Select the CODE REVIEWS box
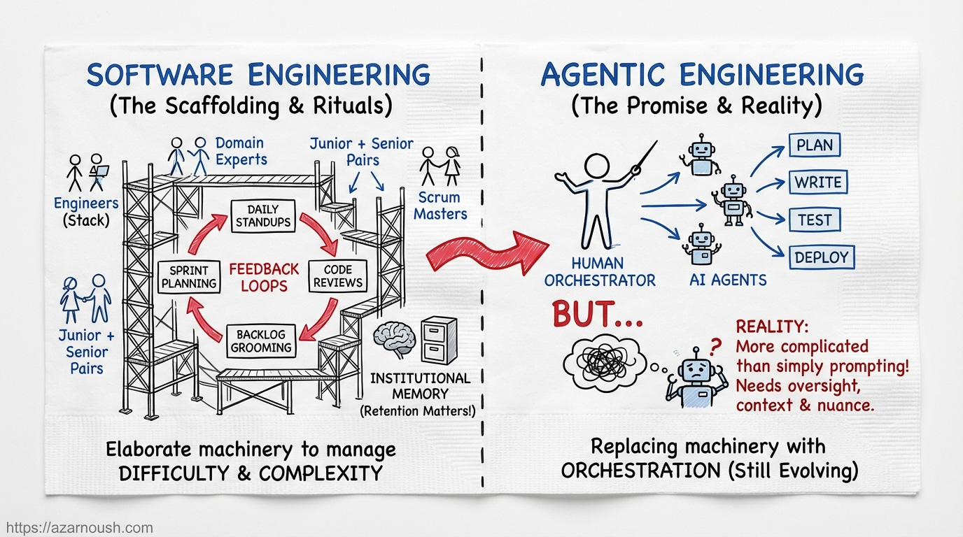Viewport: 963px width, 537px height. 338,275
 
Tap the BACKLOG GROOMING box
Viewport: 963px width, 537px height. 259,341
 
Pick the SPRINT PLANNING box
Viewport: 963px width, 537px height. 189,275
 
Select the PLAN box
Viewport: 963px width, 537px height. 815,145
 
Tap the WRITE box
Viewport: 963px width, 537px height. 817,182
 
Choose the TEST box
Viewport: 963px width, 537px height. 815,220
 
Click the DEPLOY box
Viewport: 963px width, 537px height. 821,257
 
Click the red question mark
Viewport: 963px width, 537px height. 715,346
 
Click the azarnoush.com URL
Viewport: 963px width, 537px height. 77,528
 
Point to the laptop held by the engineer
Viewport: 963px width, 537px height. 100,171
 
